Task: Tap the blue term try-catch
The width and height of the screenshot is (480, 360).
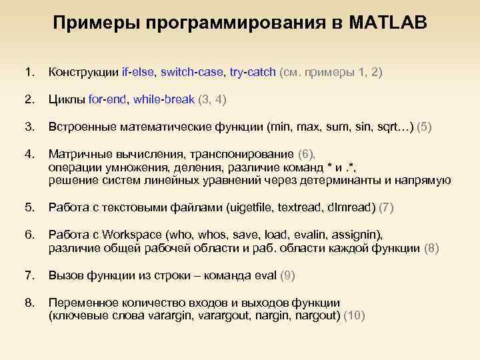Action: pyautogui.click(x=252, y=72)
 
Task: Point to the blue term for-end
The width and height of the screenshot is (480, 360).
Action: pyautogui.click(x=108, y=99)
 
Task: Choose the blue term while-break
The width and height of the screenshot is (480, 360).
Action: pyautogui.click(x=164, y=99)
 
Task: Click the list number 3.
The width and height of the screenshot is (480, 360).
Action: pyautogui.click(x=28, y=127)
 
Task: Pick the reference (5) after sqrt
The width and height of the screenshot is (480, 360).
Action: pyautogui.click(x=424, y=127)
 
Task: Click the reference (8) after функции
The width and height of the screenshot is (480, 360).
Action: pyautogui.click(x=432, y=248)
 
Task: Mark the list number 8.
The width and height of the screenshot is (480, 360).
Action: pyautogui.click(x=28, y=303)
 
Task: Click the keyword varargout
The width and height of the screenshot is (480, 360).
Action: pyautogui.click(x=227, y=316)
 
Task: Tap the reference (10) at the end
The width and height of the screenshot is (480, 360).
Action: pyautogui.click(x=353, y=316)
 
